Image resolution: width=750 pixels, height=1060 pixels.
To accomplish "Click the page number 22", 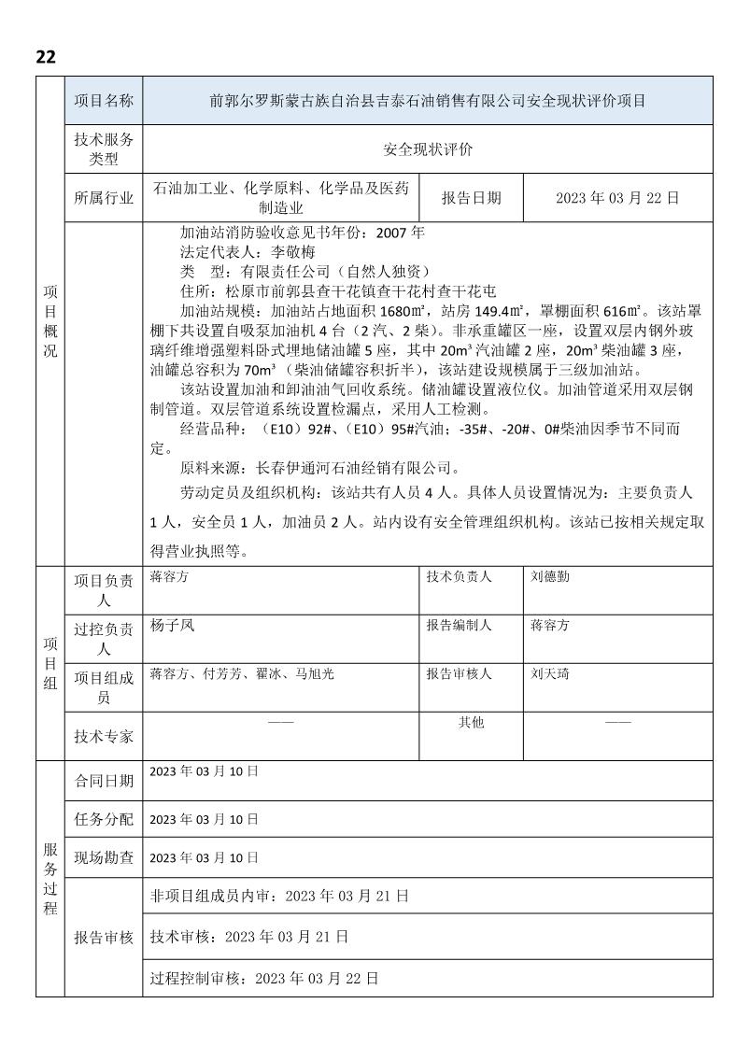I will tap(46, 57).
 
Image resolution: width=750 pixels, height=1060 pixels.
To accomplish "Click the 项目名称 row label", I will tap(103, 101).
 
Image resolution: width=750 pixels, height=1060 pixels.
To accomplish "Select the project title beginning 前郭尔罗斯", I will tap(428, 101).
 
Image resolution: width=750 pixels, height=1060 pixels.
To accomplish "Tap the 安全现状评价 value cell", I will tap(428, 149).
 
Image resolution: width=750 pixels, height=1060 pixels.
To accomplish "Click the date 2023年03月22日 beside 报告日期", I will tap(616, 198).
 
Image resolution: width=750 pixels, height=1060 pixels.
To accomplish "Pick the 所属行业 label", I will tap(103, 198).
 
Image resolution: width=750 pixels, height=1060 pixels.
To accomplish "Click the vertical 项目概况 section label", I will tap(50, 321).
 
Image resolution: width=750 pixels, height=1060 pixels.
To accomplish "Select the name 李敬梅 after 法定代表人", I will tap(292, 252).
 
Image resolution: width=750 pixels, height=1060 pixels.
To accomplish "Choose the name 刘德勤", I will tap(550, 577).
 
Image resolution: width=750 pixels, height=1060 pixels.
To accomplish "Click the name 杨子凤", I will tap(172, 626).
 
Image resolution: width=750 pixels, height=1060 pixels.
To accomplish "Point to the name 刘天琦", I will tap(550, 673).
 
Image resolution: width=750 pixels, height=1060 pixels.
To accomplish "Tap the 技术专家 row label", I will tap(103, 736).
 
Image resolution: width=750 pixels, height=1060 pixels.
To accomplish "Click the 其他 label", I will tap(471, 722).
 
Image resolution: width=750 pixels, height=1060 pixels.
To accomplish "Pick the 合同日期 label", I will tap(103, 781).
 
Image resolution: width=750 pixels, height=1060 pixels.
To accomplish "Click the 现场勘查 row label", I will tap(103, 857).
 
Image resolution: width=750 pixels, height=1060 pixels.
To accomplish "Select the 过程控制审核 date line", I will tap(264, 979).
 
